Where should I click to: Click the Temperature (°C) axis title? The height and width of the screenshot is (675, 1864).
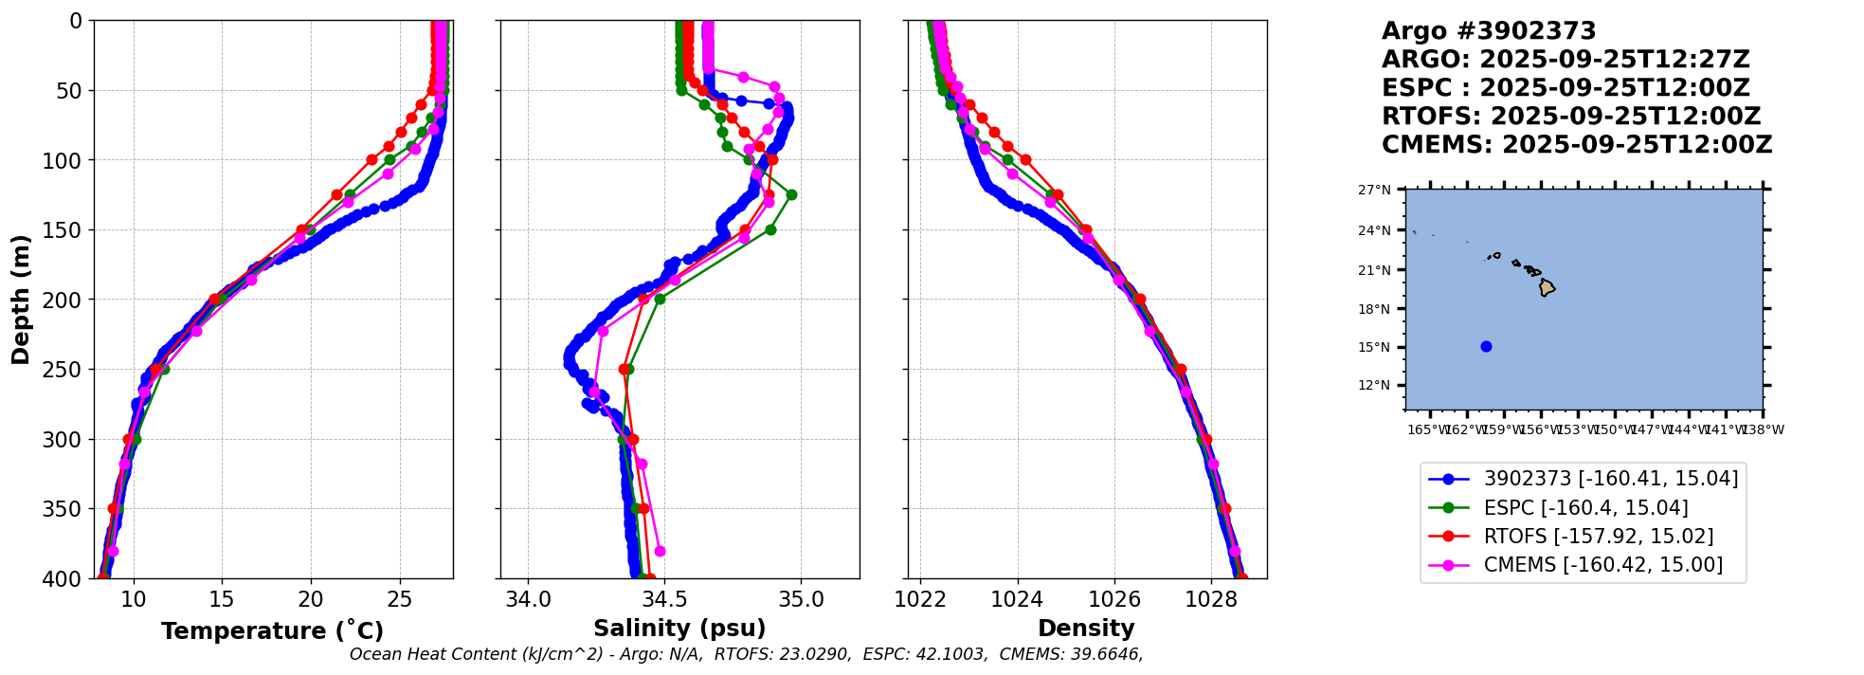pyautogui.click(x=272, y=631)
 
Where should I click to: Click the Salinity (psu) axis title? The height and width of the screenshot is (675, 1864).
pyautogui.click(x=679, y=629)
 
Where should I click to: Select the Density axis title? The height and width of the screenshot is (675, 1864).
pyautogui.click(x=1086, y=629)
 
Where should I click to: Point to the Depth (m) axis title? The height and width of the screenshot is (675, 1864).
pyautogui.click(x=21, y=300)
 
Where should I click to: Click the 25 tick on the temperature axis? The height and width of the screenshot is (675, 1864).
pyautogui.click(x=400, y=599)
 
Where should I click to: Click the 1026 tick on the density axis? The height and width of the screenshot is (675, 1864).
pyautogui.click(x=1114, y=599)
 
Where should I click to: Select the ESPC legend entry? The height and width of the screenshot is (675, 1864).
pyautogui.click(x=1585, y=508)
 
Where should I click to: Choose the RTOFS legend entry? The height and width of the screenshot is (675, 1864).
pyautogui.click(x=1598, y=537)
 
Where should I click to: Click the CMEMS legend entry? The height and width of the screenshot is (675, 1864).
pyautogui.click(x=1602, y=565)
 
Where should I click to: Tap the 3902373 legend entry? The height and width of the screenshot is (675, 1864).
pyautogui.click(x=1610, y=479)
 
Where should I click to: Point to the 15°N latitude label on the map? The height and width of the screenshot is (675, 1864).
pyautogui.click(x=1374, y=347)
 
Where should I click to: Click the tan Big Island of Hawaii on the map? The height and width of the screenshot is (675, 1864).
pyautogui.click(x=1547, y=286)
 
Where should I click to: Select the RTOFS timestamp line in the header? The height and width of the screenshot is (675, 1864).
pyautogui.click(x=1570, y=117)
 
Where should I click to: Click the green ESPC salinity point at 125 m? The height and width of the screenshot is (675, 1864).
pyautogui.click(x=791, y=194)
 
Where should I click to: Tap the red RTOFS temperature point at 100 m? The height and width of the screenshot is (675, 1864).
pyautogui.click(x=371, y=160)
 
